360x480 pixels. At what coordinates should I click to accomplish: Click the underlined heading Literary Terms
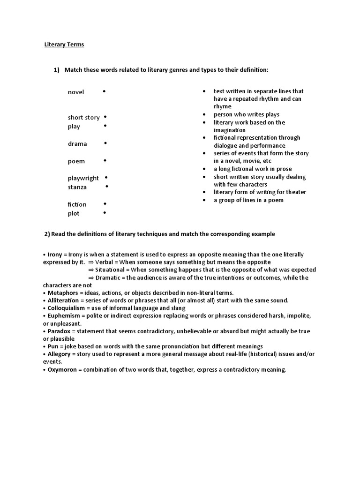point(64,45)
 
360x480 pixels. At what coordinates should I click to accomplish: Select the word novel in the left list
point(76,92)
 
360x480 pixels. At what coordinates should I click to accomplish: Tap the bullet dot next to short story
point(105,116)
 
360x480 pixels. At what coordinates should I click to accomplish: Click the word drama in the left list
point(77,144)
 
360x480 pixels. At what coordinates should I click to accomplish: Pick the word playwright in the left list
point(83,178)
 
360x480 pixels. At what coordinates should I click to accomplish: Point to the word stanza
point(77,187)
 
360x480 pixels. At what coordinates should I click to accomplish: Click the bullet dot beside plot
point(105,213)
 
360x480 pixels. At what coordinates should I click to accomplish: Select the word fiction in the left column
point(77,204)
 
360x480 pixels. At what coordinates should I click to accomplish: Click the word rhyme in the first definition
point(223,106)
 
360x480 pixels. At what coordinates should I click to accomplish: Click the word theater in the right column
point(295,192)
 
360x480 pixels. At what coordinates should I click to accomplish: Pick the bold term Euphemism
point(63,315)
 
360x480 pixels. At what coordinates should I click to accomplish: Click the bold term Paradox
point(60,331)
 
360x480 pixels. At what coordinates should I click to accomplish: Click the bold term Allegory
point(60,354)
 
